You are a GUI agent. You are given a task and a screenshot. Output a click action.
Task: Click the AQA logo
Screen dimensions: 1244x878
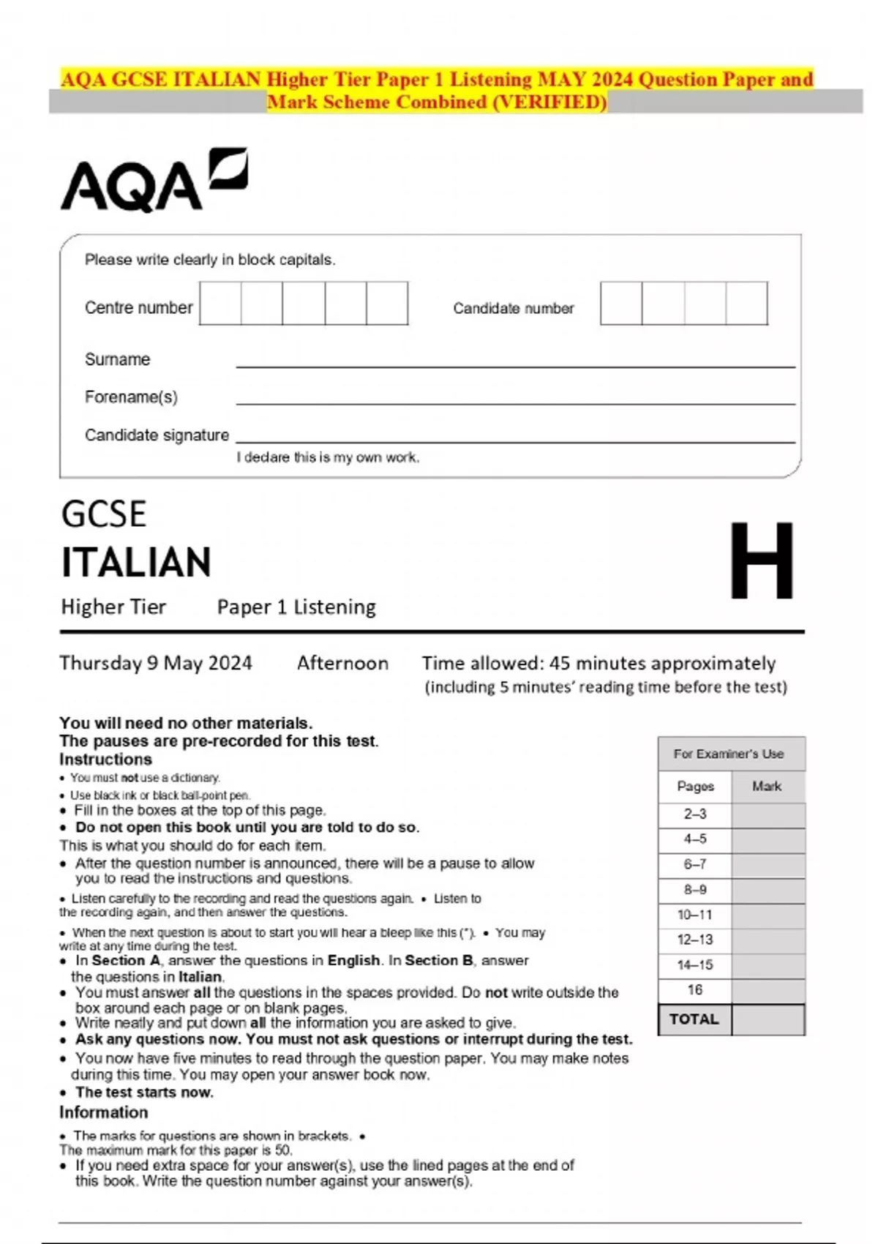tap(154, 181)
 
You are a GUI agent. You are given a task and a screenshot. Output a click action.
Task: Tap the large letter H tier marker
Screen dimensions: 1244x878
tap(761, 561)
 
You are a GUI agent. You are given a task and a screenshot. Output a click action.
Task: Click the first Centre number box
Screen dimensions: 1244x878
tap(220, 304)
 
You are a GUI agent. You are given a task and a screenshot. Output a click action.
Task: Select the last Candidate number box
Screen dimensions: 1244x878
tap(747, 304)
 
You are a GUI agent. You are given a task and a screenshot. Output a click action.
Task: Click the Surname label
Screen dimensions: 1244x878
tap(117, 359)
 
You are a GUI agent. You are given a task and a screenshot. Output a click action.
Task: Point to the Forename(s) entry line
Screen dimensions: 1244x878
tap(515, 402)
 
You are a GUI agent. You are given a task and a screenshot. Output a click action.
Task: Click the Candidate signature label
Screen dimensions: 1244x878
tap(157, 435)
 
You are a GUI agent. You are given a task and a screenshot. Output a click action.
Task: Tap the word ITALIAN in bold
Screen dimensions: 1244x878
tap(136, 563)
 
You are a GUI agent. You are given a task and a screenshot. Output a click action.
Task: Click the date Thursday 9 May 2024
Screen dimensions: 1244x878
tap(155, 663)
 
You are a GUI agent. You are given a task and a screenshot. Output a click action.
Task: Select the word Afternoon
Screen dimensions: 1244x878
tap(342, 663)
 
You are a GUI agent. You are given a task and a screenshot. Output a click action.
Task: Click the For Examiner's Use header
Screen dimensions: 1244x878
tap(729, 754)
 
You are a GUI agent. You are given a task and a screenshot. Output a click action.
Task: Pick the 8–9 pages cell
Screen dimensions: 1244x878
tap(694, 890)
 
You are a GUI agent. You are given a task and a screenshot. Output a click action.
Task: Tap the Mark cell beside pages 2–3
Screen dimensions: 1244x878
tap(768, 814)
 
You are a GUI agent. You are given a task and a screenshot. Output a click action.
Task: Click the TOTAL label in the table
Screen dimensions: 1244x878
tap(694, 1019)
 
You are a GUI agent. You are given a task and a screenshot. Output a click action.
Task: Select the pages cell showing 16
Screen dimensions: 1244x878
tap(694, 990)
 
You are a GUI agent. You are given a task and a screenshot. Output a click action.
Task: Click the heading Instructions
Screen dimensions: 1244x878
tap(105, 759)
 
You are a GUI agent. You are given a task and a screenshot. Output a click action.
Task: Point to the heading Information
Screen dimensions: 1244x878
tap(103, 1112)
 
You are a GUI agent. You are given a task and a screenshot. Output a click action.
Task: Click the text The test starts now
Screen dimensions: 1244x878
tap(144, 1093)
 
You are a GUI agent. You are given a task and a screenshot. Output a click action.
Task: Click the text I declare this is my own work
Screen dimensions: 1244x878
tap(327, 457)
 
